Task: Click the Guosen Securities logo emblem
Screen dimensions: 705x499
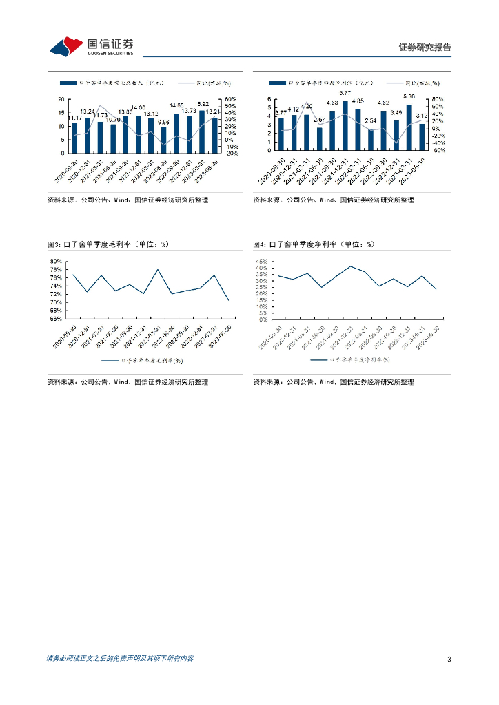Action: tap(66, 46)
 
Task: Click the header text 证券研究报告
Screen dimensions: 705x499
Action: tap(425, 48)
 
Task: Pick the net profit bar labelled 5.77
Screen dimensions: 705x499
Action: tap(345, 125)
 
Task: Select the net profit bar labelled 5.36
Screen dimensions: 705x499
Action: tap(409, 127)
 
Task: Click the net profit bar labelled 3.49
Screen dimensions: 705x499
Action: tap(396, 135)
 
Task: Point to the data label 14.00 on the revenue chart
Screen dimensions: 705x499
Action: tap(138, 108)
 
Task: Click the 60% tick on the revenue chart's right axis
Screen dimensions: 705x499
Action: tap(232, 99)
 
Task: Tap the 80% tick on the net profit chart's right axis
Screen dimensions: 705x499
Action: tap(438, 99)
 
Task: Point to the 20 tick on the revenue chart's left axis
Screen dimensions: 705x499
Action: tap(62, 99)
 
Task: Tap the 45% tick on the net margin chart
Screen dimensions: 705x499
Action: tap(261, 262)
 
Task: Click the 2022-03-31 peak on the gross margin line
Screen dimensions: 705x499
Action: tap(158, 269)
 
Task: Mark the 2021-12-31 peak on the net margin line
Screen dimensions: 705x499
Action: tap(350, 266)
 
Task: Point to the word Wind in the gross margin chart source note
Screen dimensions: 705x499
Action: tap(121, 382)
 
